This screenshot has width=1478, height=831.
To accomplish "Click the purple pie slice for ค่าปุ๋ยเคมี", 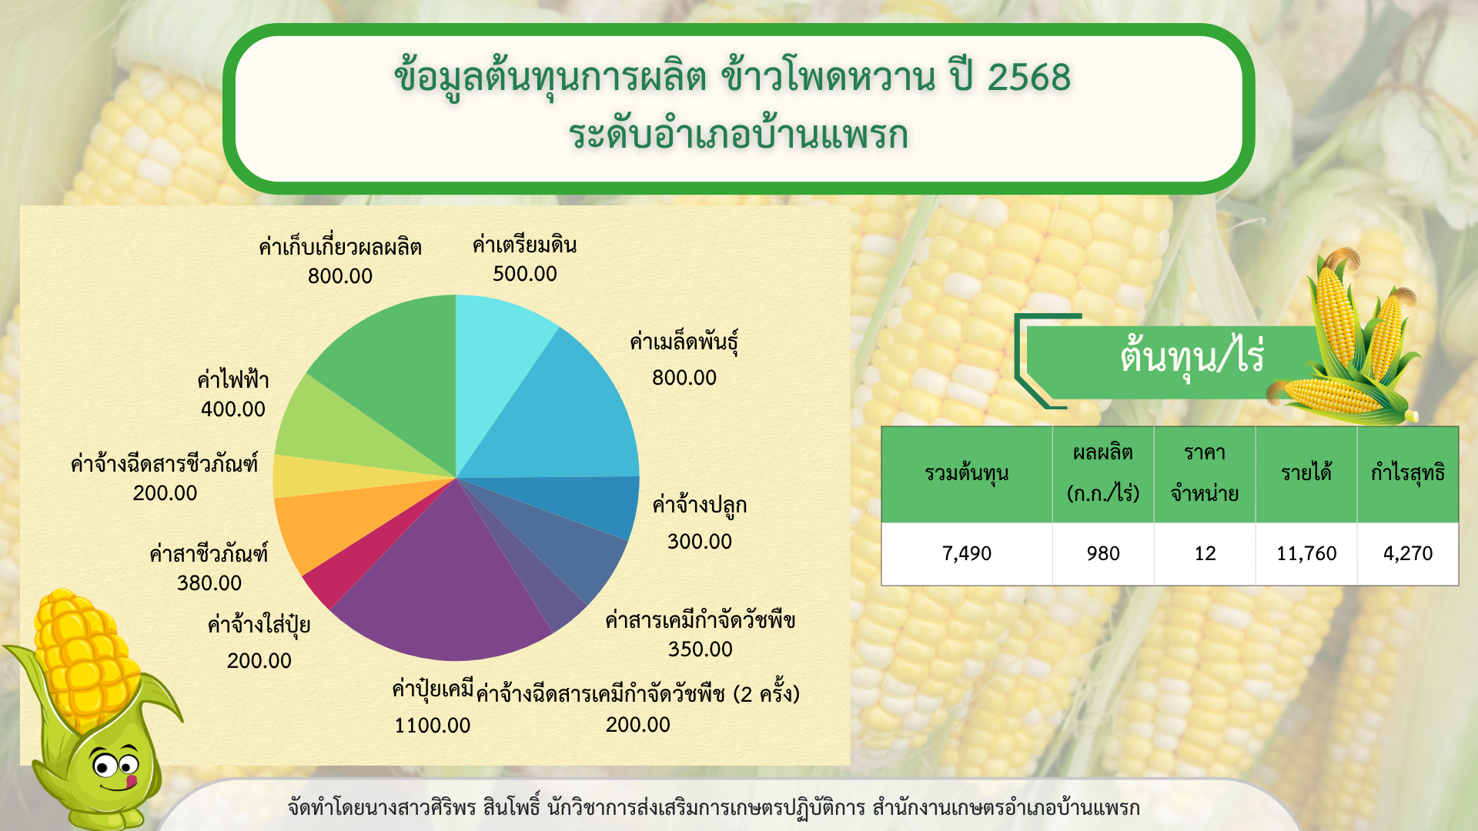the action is tap(439, 585).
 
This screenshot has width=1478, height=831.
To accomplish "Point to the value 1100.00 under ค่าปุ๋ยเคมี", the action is tap(432, 726).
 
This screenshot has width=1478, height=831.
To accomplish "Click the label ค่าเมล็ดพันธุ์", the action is tap(684, 341).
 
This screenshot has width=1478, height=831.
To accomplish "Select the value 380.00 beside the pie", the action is tap(209, 583).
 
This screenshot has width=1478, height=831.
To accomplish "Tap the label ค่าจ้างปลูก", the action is tap(699, 506).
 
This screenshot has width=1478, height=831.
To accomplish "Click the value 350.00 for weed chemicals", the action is tap(700, 649).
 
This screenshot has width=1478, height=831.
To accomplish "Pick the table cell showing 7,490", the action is tap(967, 554).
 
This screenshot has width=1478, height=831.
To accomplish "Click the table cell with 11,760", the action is tap(1306, 554).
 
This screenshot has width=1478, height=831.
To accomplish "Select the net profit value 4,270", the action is tap(1408, 554).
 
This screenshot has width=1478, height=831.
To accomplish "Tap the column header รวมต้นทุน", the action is tap(967, 473).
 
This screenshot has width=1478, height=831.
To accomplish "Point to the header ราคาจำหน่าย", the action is tap(1205, 473).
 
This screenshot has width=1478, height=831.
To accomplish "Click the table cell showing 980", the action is tap(1103, 554).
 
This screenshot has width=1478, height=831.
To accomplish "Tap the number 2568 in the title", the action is tap(1029, 77).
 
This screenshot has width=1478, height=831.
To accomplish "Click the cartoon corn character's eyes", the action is tap(115, 765).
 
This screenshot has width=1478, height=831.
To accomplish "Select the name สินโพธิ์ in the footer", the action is tap(512, 808).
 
